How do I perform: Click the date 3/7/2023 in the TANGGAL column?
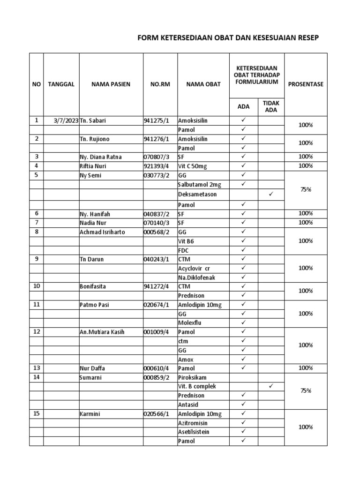point(66,120)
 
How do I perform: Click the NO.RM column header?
point(159,84)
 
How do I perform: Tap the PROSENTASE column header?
point(306,84)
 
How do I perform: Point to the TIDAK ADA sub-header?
point(270,106)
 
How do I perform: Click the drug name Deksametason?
point(197,194)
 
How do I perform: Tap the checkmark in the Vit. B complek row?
point(270,386)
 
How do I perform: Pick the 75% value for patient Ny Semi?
point(306,190)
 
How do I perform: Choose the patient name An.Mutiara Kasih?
point(102,332)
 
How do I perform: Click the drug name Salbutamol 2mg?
point(200,185)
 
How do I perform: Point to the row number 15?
point(36,413)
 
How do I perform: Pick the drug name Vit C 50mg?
point(194,165)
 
